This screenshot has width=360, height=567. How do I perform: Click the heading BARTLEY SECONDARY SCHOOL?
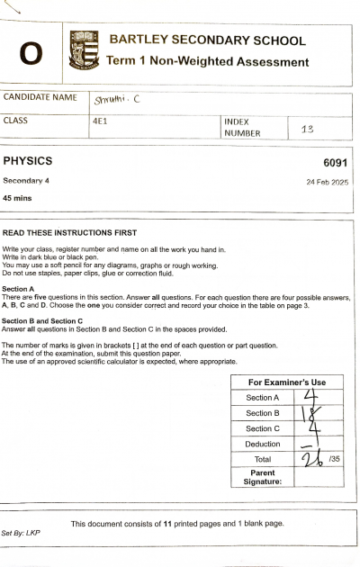tap(207, 40)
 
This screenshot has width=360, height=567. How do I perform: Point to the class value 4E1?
tap(101, 120)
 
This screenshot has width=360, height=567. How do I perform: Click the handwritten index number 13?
tap(307, 129)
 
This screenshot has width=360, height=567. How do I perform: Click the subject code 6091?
tap(335, 163)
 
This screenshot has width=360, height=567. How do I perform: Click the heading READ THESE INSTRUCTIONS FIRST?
tap(69, 232)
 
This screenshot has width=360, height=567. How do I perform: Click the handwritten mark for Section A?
tap(311, 397)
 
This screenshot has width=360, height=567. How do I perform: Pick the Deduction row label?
tap(263, 444)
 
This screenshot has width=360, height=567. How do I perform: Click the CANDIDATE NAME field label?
tap(40, 97)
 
